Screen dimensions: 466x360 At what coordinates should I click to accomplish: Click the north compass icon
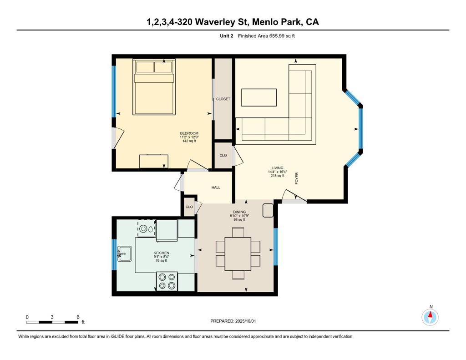click(430, 317)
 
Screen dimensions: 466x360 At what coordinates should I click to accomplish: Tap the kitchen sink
click(125, 254)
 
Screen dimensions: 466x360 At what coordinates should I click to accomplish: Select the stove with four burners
click(167, 281)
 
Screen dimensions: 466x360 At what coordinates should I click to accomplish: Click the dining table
click(238, 254)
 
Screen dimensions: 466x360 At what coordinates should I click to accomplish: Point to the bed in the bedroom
click(154, 87)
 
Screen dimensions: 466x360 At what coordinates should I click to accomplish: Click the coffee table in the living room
click(259, 97)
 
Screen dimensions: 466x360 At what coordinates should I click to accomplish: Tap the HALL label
click(216, 188)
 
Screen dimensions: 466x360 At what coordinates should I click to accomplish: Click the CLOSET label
click(223, 99)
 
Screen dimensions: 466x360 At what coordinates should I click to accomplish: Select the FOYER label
click(297, 178)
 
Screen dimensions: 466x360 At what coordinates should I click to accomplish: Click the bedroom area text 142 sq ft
click(189, 141)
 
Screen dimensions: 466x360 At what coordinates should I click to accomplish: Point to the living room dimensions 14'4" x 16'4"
click(277, 172)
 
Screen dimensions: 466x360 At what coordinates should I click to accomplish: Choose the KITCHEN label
click(162, 253)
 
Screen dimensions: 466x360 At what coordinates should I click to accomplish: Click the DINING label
click(239, 212)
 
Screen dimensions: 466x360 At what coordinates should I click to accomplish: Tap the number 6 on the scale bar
click(78, 317)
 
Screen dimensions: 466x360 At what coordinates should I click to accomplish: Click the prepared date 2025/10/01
click(245, 321)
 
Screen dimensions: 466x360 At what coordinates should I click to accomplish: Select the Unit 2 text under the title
click(227, 36)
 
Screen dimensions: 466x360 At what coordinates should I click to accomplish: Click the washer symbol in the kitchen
click(147, 229)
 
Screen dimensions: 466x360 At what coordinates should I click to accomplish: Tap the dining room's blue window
click(275, 246)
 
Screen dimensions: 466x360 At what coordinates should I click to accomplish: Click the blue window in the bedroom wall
click(113, 91)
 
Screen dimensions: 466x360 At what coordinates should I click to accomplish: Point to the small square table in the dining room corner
click(268, 210)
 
